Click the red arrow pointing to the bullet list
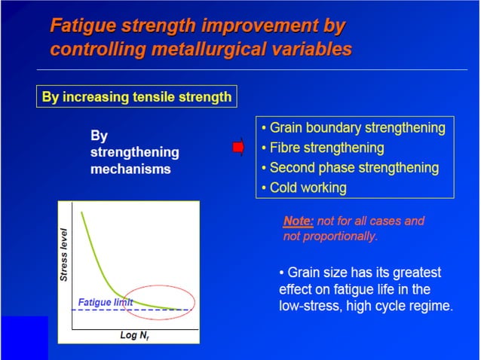click(x=238, y=148)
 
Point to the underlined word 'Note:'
click(x=299, y=221)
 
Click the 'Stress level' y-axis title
click(x=64, y=255)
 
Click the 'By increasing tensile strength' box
click(x=136, y=98)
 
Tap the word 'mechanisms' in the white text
click(x=130, y=169)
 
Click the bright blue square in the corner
click(x=23, y=337)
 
